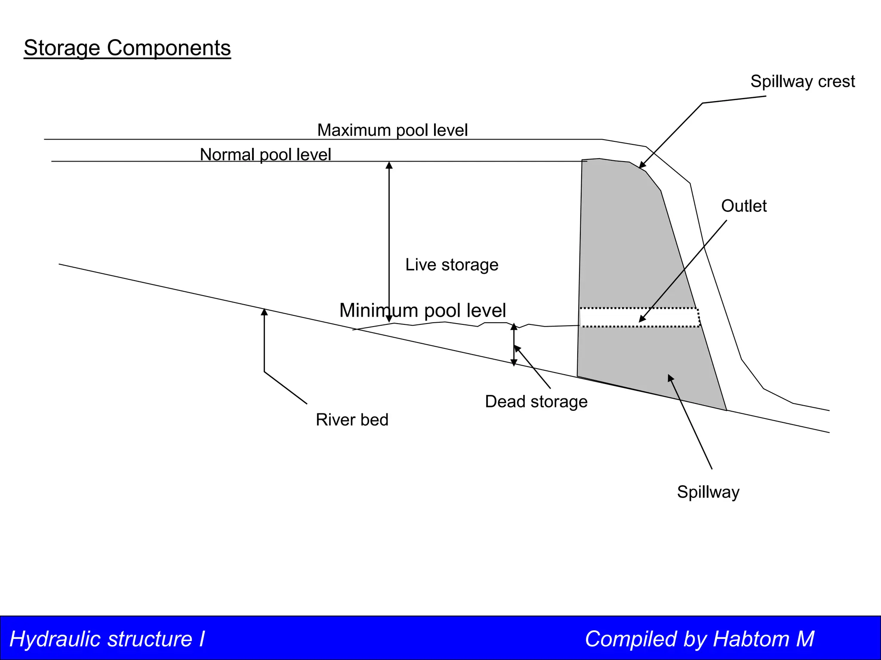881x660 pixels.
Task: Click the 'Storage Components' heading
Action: (x=127, y=48)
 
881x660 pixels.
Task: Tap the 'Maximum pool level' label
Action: (x=392, y=130)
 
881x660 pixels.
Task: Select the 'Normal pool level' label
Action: (x=265, y=154)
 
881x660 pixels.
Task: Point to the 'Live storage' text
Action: (x=452, y=265)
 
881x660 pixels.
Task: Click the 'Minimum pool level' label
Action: (x=422, y=310)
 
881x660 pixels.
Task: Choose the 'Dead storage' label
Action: (x=536, y=401)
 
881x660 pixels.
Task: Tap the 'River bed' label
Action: (x=352, y=419)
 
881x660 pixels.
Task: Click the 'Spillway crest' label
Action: (x=802, y=81)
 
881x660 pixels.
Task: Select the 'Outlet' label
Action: (x=744, y=206)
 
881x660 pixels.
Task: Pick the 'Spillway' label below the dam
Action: (x=708, y=492)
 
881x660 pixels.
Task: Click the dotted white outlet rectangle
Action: (x=619, y=318)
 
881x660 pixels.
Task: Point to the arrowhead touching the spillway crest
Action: (x=641, y=165)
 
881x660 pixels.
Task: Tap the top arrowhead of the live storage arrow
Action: (x=389, y=165)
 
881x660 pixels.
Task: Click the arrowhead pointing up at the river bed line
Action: (x=264, y=312)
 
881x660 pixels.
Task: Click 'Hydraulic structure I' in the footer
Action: (x=107, y=639)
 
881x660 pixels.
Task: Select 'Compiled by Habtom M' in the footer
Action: (x=699, y=639)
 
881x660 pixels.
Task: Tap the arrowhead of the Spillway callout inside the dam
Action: (x=670, y=378)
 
